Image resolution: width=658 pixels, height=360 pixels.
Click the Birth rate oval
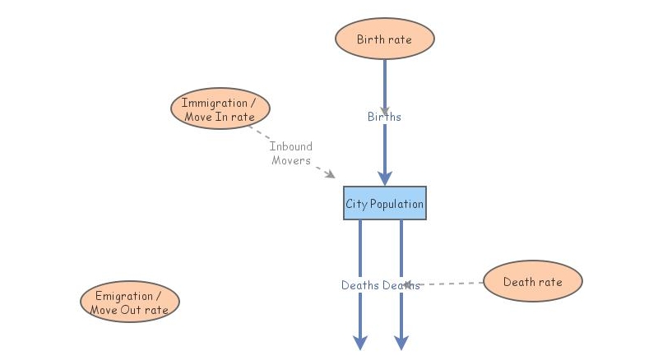pyautogui.click(x=384, y=39)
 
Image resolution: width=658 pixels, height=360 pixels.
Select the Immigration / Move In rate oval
pyautogui.click(x=220, y=109)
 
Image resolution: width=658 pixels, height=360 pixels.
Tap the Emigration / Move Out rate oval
pyautogui.click(x=130, y=302)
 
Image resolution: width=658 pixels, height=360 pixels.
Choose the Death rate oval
pyautogui.click(x=532, y=282)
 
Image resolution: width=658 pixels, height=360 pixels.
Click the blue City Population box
pyautogui.click(x=385, y=203)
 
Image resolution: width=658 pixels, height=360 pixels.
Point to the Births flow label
pyautogui.click(x=384, y=117)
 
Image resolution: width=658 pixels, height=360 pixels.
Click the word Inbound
pyautogui.click(x=291, y=146)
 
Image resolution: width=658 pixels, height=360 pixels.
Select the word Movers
pyautogui.click(x=291, y=160)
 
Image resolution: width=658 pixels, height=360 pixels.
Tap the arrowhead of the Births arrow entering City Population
pyautogui.click(x=384, y=178)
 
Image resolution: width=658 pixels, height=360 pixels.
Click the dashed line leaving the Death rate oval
pyautogui.click(x=452, y=284)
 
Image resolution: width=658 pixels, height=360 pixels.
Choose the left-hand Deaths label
pyautogui.click(x=360, y=285)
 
